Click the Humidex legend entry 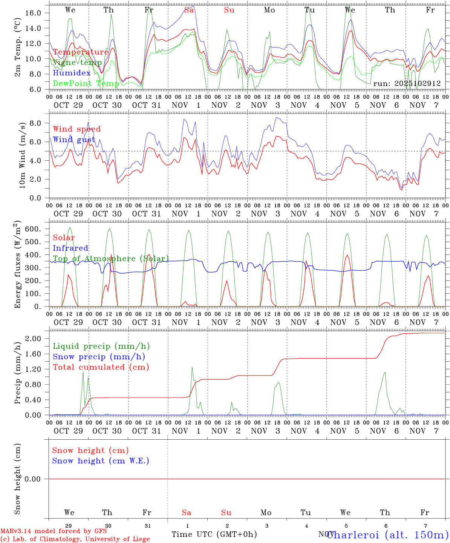click(x=72, y=73)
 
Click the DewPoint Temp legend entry click(x=86, y=83)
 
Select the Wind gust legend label click(x=74, y=140)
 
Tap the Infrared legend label click(x=70, y=248)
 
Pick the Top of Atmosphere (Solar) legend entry click(x=110, y=259)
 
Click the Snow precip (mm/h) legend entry click(x=99, y=357)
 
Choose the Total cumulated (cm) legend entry click(x=101, y=367)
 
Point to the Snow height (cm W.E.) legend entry click(x=101, y=461)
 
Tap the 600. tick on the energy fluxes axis click(x=32, y=229)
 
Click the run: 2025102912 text click(x=407, y=83)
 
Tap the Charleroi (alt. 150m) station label click(x=387, y=534)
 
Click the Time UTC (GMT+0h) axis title click(x=214, y=534)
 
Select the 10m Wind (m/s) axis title click(x=23, y=155)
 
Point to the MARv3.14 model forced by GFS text click(x=54, y=531)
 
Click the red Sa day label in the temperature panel click(x=189, y=10)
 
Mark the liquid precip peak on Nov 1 click(x=192, y=367)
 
